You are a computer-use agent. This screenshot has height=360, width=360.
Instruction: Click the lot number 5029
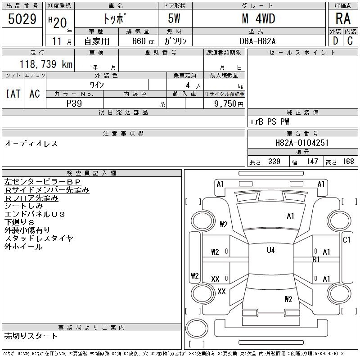pyautogui.click(x=22, y=19)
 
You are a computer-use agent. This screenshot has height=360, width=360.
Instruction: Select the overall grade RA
pyautogui.click(x=342, y=19)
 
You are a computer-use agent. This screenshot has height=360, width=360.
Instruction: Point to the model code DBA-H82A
pyautogui.click(x=258, y=41)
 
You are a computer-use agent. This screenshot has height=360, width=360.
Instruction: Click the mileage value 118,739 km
pyautogui.click(x=45, y=65)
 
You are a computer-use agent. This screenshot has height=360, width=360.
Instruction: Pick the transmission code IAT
pyautogui.click(x=13, y=94)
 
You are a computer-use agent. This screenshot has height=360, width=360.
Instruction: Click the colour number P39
pyautogui.click(x=74, y=103)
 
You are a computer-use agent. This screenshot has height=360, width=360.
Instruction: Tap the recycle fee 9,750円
pyautogui.click(x=230, y=103)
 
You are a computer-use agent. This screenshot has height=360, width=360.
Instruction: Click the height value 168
pyautogui.click(x=347, y=162)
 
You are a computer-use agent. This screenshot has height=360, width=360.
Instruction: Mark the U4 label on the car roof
pyautogui.click(x=270, y=250)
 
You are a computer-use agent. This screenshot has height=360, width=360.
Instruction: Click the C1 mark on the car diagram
pyautogui.click(x=346, y=240)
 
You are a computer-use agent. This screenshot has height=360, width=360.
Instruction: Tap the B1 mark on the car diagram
pyautogui.click(x=316, y=259)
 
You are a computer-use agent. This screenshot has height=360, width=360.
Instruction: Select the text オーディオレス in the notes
pyautogui.click(x=31, y=144)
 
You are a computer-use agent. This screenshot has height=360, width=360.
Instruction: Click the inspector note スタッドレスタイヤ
pyautogui.click(x=39, y=238)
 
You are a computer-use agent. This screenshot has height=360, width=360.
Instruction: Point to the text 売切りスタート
pyautogui.click(x=31, y=336)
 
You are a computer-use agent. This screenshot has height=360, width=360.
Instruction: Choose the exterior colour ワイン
pyautogui.click(x=97, y=85)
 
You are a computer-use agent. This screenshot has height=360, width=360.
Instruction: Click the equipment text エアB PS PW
pyautogui.click(x=270, y=121)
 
